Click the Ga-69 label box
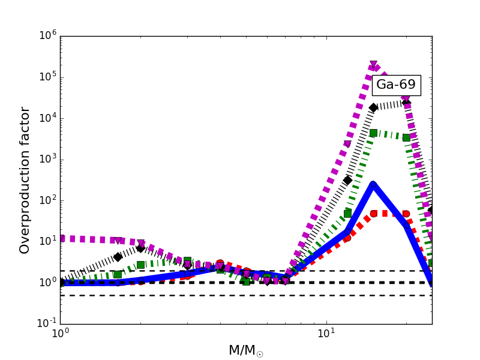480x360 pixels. point(396,85)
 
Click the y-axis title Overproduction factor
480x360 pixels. point(25,180)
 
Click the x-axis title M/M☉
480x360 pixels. point(245,350)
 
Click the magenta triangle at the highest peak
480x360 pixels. point(373,65)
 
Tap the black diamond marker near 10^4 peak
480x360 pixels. point(373,107)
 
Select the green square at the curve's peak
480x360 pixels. point(373,133)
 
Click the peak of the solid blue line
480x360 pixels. point(373,184)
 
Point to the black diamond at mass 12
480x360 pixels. point(347,180)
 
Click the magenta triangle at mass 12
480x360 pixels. point(347,144)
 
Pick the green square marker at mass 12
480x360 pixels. point(347,214)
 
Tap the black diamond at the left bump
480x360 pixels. point(140,247)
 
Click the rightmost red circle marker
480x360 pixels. point(406,214)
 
